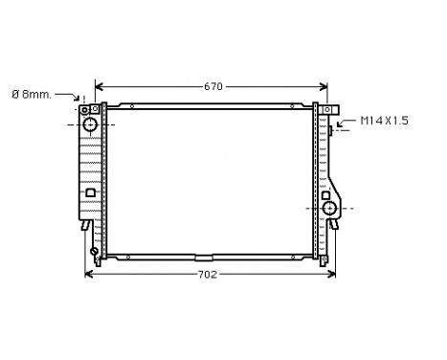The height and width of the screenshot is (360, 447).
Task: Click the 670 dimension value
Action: click(x=212, y=86)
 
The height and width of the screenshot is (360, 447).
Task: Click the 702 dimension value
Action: click(x=208, y=275)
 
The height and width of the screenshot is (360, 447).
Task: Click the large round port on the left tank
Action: click(x=90, y=124)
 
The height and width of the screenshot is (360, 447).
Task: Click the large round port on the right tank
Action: click(x=330, y=208)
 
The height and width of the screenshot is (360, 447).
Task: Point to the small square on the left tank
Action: click(x=90, y=192)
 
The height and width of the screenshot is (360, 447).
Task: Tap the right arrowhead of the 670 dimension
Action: click(x=325, y=86)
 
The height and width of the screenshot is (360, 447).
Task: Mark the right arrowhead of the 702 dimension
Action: click(x=333, y=275)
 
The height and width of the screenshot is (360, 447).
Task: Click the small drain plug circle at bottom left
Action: click(x=95, y=252)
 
